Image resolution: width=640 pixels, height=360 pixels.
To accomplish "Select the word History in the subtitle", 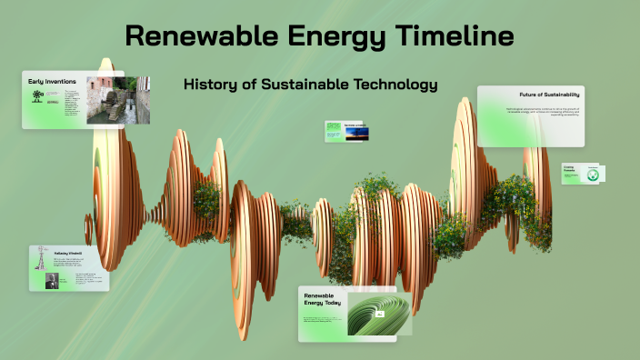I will (212, 85).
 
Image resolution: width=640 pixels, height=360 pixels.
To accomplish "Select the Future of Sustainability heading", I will (549, 95).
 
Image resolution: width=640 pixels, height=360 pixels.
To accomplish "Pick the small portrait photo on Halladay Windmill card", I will (51, 281).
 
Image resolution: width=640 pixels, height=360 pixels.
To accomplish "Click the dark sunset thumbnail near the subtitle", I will (356, 134).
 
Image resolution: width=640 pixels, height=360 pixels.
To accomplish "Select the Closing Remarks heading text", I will (569, 167).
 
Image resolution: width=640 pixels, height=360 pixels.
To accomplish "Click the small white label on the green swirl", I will (381, 314).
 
